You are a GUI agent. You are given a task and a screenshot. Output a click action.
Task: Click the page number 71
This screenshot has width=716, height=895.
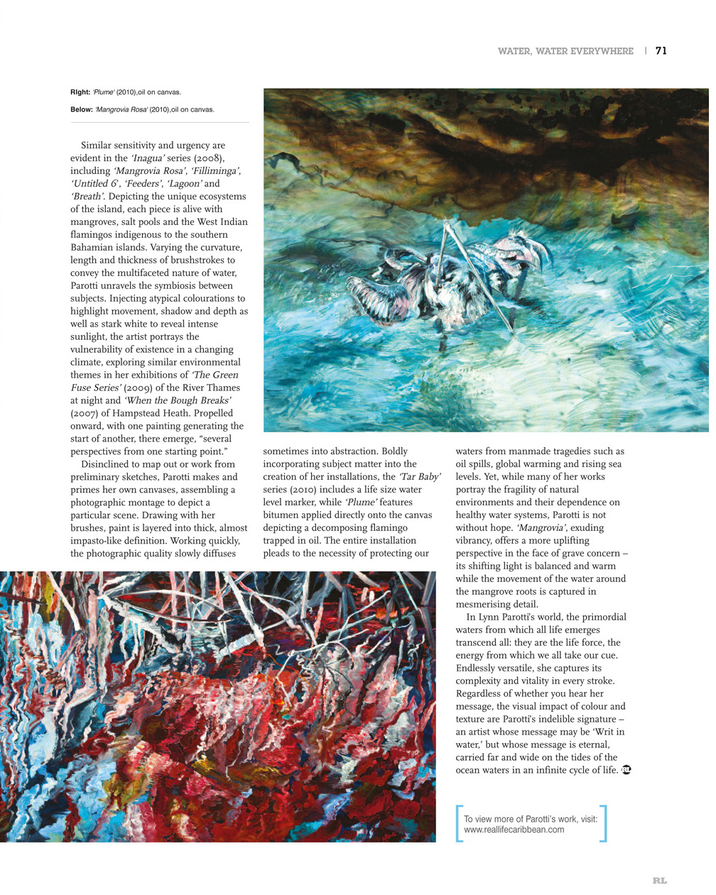(x=661, y=50)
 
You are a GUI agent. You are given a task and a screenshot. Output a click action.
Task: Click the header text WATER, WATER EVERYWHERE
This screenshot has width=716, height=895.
(x=565, y=51)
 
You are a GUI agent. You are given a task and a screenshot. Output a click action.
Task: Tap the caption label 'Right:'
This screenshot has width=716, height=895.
(x=80, y=92)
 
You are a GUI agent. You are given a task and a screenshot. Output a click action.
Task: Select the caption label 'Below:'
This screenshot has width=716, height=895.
(x=82, y=109)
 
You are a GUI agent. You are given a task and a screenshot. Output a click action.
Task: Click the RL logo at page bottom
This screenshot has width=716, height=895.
(x=660, y=881)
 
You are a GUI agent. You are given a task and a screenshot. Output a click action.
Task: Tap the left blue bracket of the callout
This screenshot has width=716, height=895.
(x=459, y=823)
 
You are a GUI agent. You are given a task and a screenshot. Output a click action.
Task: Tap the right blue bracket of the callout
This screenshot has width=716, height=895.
(x=604, y=823)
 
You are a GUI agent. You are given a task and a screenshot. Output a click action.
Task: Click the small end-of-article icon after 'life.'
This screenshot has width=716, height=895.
(x=626, y=770)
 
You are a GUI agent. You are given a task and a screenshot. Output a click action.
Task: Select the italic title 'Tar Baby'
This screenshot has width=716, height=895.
(x=420, y=477)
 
